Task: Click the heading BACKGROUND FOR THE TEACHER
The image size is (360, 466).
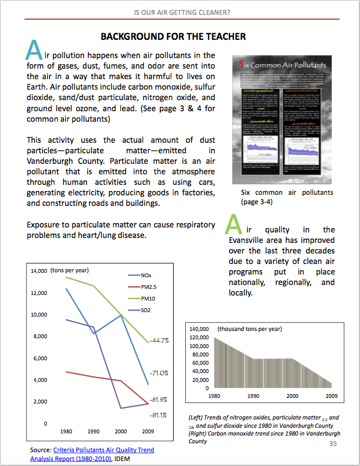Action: (173, 37)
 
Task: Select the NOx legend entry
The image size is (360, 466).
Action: (146, 275)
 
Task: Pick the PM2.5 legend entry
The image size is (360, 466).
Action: (149, 287)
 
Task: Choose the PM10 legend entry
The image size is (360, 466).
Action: (148, 298)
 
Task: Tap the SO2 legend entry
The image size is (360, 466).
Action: (146, 310)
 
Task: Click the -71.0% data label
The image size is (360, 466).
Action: (160, 374)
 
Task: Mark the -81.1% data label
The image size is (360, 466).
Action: (159, 415)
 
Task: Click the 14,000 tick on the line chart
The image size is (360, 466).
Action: (39, 271)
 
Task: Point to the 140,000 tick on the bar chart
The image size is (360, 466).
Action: (199, 329)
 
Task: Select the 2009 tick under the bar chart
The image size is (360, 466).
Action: (331, 396)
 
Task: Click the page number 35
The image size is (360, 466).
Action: (333, 444)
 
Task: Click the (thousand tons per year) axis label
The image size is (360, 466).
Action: (250, 329)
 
